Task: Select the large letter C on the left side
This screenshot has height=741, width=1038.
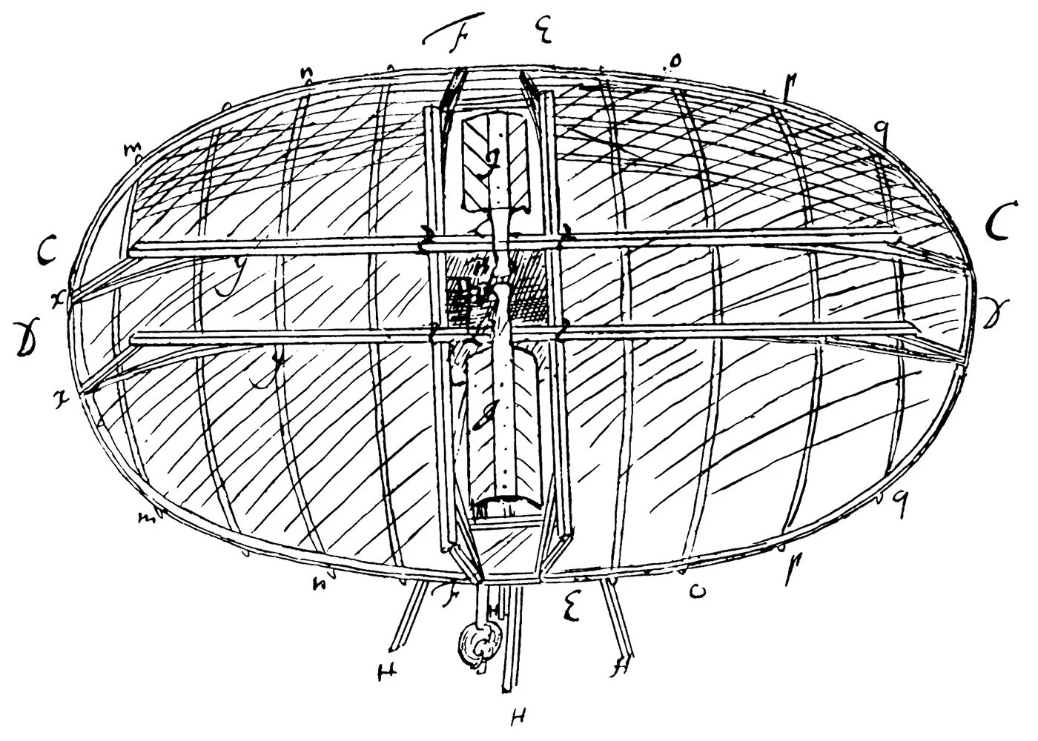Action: [x=46, y=253]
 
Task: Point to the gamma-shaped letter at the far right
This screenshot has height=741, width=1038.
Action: [x=993, y=306]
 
